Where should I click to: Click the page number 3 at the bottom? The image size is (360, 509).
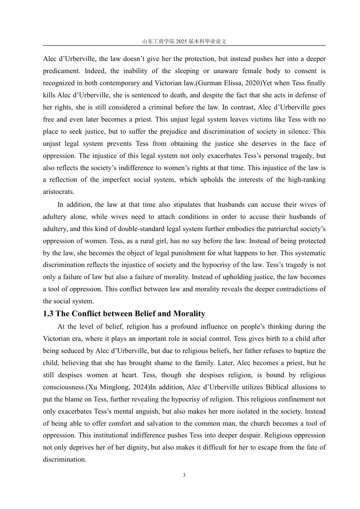coord(184,475)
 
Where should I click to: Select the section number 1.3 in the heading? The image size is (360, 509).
coord(48,314)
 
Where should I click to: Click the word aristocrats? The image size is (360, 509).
coord(58,192)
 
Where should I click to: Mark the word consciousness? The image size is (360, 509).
coord(64,387)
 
